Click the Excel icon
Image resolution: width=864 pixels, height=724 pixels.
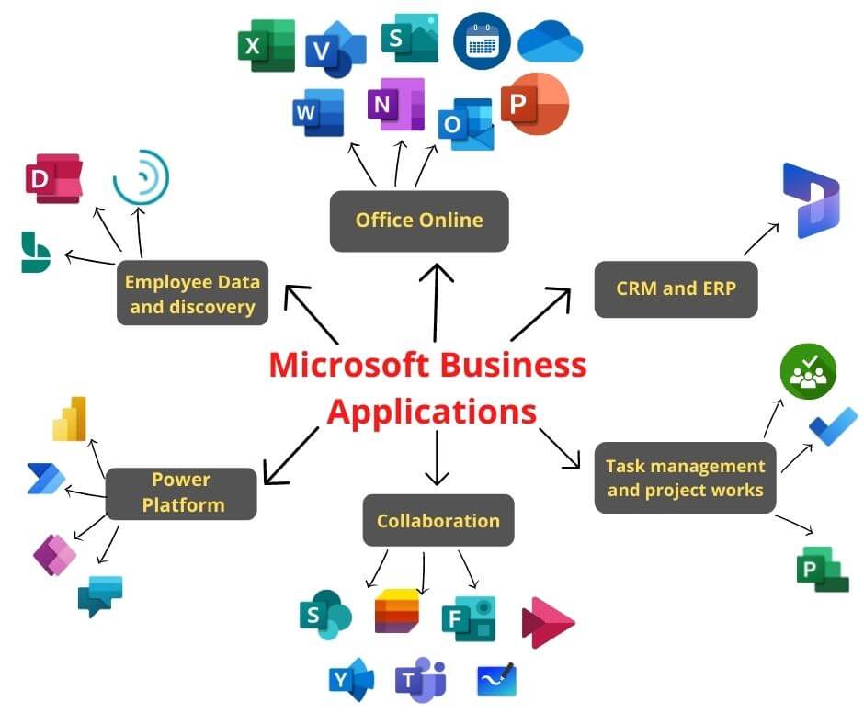pos(266,45)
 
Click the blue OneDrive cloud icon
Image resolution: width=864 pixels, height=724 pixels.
pos(550,43)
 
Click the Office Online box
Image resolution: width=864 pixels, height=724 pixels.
pos(419,221)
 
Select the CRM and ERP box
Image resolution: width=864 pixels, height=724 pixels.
pos(676,288)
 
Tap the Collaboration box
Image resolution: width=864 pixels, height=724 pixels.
pos(438,521)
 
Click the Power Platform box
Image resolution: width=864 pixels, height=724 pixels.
pos(181,493)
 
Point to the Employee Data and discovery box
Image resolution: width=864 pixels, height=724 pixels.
pos(192,294)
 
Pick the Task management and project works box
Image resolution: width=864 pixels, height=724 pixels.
pos(685,478)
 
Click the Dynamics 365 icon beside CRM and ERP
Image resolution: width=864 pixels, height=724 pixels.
pos(810,200)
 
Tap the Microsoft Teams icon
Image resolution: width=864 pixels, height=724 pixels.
pos(420,681)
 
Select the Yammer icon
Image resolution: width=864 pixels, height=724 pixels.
pos(350,681)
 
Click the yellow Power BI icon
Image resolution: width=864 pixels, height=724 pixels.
pos(70,420)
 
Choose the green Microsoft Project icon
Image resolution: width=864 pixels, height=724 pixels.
pos(822,569)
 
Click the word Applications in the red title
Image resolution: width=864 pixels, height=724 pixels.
pos(431,411)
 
